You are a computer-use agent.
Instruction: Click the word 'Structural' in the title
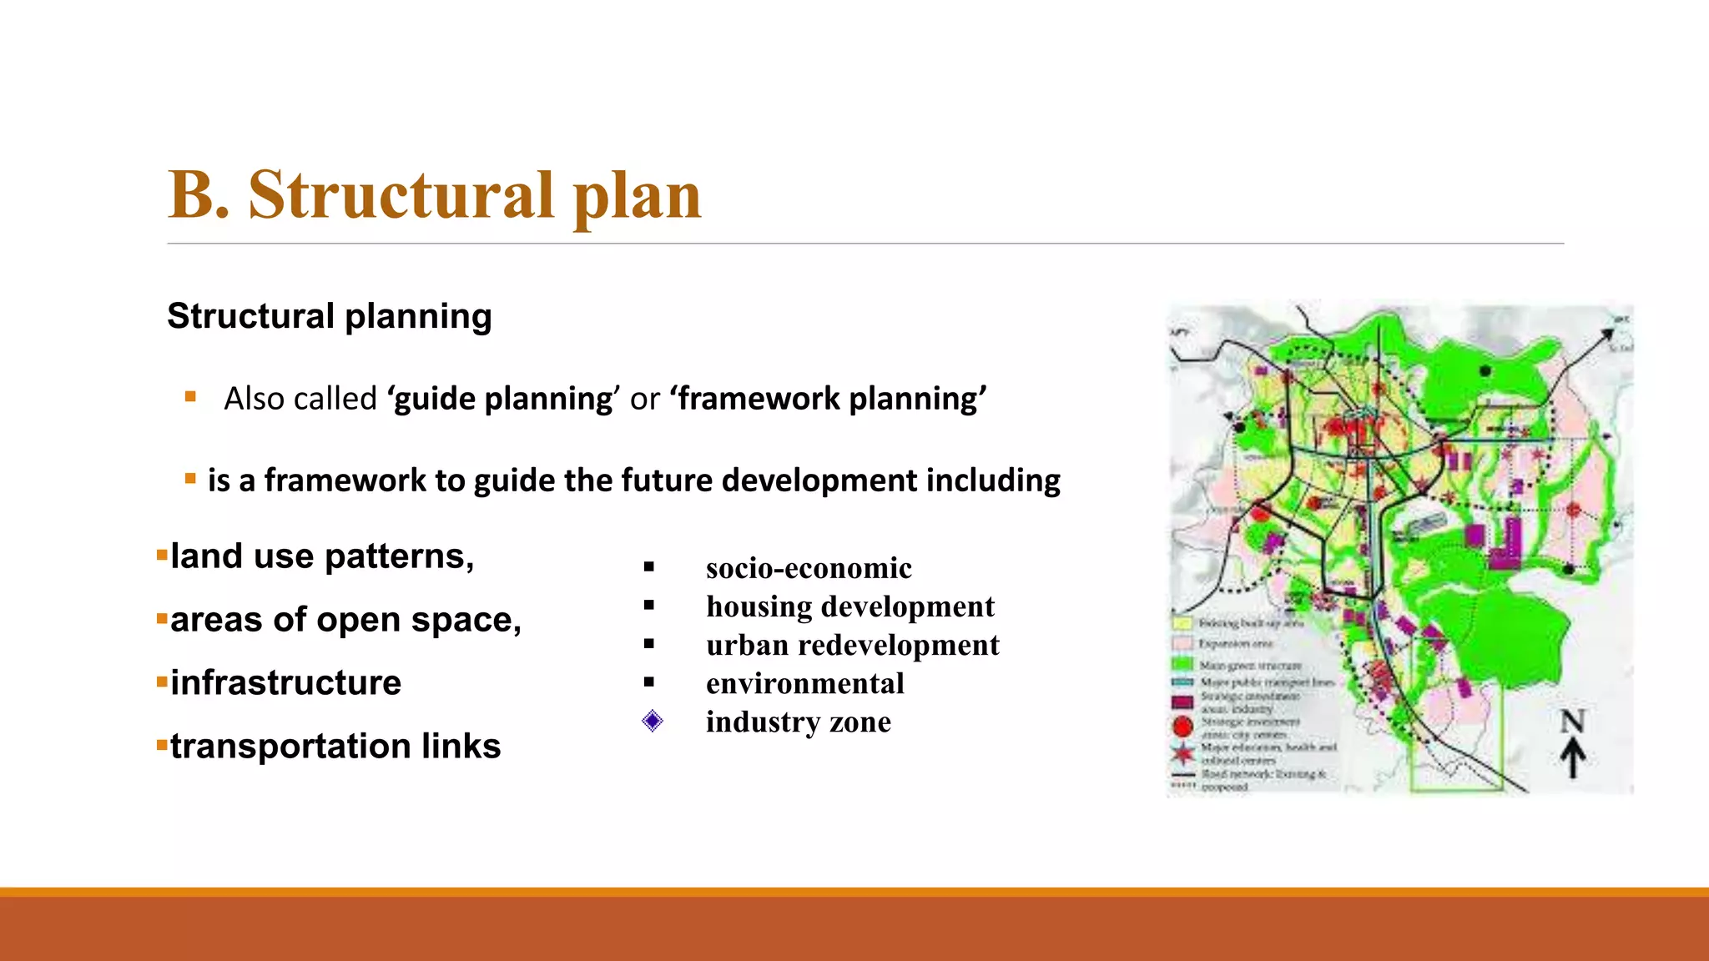tap(401, 195)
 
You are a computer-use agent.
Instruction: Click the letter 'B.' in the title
tap(198, 195)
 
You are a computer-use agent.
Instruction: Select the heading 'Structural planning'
tap(330, 316)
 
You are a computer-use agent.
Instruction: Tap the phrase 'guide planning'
tap(503, 399)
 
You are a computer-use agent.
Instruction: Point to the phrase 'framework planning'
tap(831, 399)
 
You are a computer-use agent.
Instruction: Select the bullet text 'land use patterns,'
tap(322, 556)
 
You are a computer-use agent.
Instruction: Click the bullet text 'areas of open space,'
tap(345, 620)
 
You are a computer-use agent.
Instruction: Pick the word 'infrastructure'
tap(285, 683)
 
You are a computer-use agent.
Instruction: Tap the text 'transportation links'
tap(335, 747)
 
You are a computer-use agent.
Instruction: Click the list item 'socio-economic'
tap(809, 568)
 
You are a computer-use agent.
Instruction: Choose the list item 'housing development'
tap(849, 606)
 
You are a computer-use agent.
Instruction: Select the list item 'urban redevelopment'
tap(852, 645)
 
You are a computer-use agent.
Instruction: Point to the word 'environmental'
tap(804, 683)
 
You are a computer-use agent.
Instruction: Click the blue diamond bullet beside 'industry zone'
tap(653, 721)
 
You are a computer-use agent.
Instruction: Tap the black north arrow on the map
tap(1573, 759)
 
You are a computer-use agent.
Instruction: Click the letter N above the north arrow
tap(1573, 722)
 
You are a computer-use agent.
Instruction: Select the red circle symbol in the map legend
tap(1182, 727)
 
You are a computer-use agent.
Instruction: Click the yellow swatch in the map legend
tap(1182, 623)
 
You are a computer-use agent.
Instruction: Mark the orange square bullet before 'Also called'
tap(190, 397)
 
